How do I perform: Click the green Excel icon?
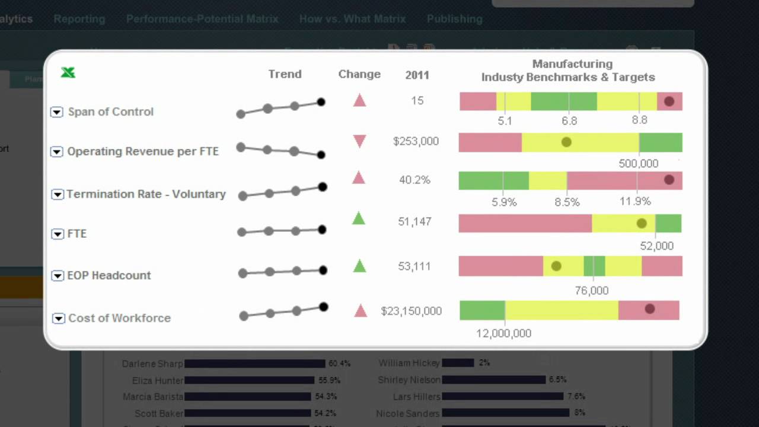coord(68,72)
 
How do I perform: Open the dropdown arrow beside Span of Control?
coord(56,112)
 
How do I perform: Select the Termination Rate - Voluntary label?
coord(146,194)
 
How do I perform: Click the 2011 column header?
coord(417,75)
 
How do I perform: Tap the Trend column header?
coord(285,74)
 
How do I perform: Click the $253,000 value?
coord(416,141)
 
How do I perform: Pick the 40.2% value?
coord(414,180)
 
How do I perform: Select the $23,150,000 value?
coord(411,311)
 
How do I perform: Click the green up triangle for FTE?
coord(358,219)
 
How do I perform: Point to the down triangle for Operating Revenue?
coord(359,141)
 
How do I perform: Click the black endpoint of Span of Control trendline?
coord(321,102)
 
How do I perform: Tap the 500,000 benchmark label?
coord(638,164)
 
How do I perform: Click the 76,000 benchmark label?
coord(591,291)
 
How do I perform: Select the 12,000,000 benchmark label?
coord(503,333)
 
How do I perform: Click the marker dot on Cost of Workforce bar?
coord(649,309)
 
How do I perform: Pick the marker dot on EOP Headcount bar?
coord(556,266)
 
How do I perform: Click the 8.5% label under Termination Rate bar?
coord(567,202)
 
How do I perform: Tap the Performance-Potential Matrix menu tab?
coord(202,19)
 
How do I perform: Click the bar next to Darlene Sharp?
coord(255,364)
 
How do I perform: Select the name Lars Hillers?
coord(416,397)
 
